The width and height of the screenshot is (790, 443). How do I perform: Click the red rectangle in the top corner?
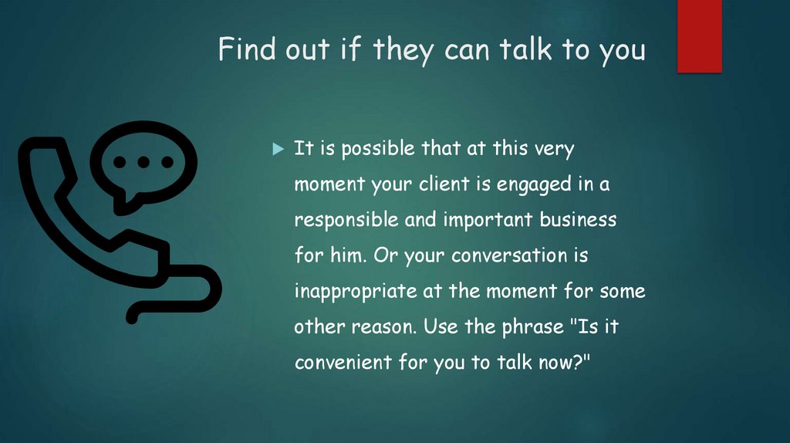pos(699,36)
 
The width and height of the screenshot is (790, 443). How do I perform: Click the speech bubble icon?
pos(143,164)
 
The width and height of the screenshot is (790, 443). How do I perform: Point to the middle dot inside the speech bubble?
pos(143,162)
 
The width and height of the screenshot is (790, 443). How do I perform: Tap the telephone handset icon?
pos(85,232)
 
